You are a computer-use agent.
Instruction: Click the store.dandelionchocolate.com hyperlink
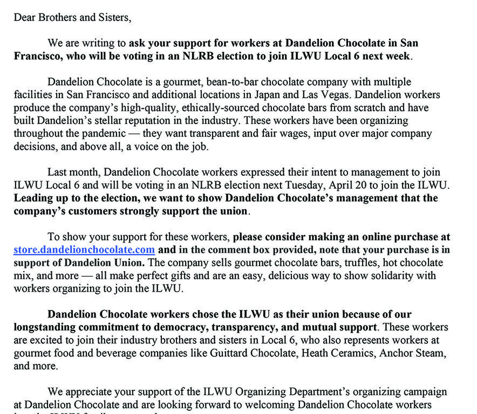pos(84,250)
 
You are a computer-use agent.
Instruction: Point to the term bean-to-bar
pos(206,82)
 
